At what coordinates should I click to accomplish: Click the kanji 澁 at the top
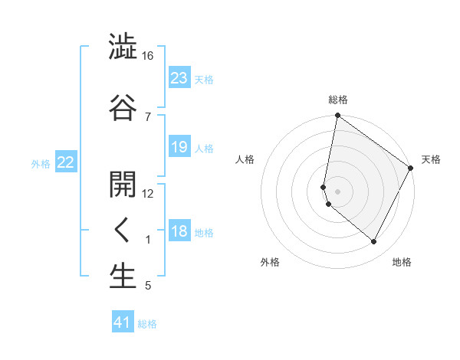click(123, 47)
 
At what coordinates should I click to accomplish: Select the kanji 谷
click(123, 106)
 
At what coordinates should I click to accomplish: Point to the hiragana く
click(123, 230)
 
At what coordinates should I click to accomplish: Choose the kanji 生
click(123, 277)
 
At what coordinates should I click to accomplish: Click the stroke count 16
click(148, 56)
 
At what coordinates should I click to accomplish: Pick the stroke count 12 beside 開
click(148, 193)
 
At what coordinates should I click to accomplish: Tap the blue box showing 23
click(179, 77)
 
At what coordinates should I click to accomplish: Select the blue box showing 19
click(179, 147)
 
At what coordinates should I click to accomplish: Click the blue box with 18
click(179, 231)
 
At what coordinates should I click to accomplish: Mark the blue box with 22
click(66, 162)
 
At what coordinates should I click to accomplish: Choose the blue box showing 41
click(123, 322)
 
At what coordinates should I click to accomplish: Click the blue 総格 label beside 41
click(147, 324)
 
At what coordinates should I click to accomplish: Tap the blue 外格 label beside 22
click(41, 163)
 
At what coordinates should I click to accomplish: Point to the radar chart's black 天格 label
click(431, 159)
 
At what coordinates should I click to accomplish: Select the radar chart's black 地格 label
click(402, 262)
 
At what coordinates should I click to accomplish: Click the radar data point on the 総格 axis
click(337, 116)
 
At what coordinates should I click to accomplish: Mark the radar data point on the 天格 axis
click(411, 168)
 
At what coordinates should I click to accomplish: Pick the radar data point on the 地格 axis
click(374, 242)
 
